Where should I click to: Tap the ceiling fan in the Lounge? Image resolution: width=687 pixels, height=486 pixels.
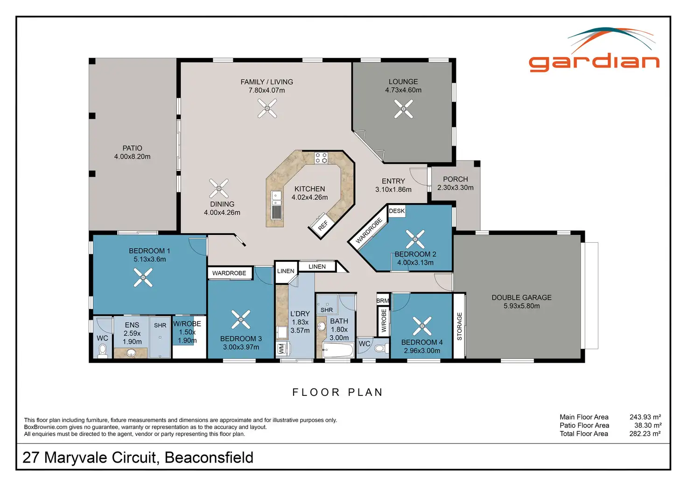point(403,109)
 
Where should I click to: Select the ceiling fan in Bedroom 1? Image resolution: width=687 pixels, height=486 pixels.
point(143,278)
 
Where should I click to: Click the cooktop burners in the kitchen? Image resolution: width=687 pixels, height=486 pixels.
point(321,157)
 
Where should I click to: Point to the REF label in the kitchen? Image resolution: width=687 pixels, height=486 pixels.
point(323,225)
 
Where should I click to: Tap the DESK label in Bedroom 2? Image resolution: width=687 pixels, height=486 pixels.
point(397,211)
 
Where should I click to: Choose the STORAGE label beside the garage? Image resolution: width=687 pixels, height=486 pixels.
point(459,326)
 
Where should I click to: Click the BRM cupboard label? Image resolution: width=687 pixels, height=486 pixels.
point(383,301)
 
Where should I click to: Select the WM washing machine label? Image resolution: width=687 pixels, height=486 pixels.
point(281,348)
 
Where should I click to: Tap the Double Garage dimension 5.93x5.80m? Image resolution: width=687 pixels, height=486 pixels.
point(521,306)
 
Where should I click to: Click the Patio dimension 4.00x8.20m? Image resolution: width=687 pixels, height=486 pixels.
point(132,157)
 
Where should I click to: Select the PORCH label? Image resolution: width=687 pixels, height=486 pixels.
point(455,179)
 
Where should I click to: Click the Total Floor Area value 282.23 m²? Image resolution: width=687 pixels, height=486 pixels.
point(645,434)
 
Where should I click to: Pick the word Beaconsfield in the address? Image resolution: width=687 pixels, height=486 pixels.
point(209,458)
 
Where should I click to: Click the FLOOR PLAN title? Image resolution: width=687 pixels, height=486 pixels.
point(337,392)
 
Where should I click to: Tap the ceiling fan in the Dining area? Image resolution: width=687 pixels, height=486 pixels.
point(219,188)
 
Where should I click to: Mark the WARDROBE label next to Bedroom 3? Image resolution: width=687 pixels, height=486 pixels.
point(229,273)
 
